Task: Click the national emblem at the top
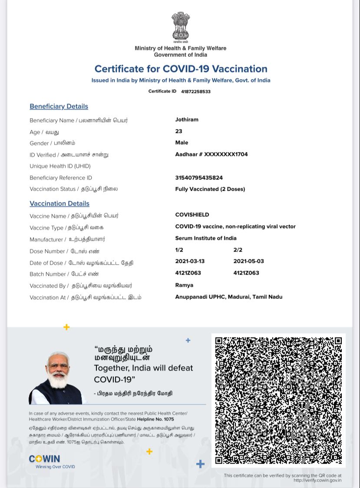coord(180,27)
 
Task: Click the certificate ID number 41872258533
coord(196,92)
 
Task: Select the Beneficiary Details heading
coord(59,106)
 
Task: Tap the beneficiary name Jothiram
coord(187,120)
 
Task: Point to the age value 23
coord(178,131)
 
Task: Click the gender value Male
coord(182,143)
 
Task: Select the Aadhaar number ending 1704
coord(211,154)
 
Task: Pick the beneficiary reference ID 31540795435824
coord(199,178)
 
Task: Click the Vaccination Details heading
coord(59,203)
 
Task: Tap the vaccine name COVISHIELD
coord(192,215)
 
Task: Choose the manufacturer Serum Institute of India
coord(206,238)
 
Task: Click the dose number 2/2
coord(238,250)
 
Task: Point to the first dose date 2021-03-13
coord(190,261)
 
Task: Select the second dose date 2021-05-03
coord(248,261)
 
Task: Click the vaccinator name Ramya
coord(184,285)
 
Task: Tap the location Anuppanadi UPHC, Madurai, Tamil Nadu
coord(229,297)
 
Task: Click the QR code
coord(278,400)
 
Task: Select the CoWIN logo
coord(45,459)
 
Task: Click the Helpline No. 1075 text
coord(155,419)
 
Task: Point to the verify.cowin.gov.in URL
coord(317,480)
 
